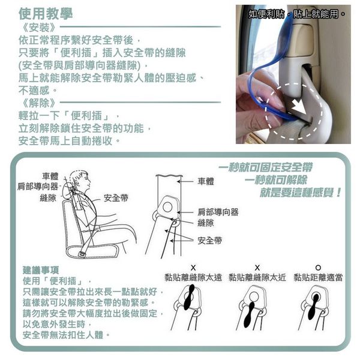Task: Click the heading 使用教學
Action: (46, 14)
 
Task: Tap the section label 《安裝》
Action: (38, 28)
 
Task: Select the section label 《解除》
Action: (38, 103)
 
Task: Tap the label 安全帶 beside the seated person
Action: (116, 198)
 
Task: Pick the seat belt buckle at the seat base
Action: (82, 254)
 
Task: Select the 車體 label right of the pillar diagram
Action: (206, 181)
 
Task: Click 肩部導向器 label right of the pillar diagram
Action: (218, 212)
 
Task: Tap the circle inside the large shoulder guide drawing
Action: (167, 207)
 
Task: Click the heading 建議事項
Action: (41, 270)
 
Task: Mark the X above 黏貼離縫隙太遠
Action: (193, 268)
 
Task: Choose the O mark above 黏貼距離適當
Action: (318, 268)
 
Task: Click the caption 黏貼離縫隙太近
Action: (257, 278)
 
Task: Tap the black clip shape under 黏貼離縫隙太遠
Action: (189, 297)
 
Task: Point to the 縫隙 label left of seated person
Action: (48, 197)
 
